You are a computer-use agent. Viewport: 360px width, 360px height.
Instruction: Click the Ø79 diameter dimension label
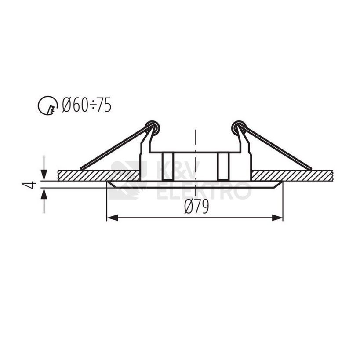pyautogui.click(x=196, y=207)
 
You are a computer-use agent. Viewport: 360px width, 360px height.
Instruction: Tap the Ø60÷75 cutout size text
pyautogui.click(x=87, y=105)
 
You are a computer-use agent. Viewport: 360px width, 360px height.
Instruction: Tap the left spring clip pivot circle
pyautogui.click(x=152, y=128)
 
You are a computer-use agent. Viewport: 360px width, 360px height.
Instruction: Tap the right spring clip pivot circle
pyautogui.click(x=239, y=128)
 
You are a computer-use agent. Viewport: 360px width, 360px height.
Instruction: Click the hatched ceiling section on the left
pyautogui.click(x=97, y=175)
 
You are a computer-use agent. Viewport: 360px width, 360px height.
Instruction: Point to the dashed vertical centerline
pyautogui.click(x=195, y=145)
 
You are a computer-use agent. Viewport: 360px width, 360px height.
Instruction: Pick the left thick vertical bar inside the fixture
pyautogui.click(x=167, y=166)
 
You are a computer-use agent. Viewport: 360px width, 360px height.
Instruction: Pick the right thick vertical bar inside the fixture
pyautogui.click(x=223, y=166)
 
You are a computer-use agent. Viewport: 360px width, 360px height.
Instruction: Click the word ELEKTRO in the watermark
pyautogui.click(x=204, y=191)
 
